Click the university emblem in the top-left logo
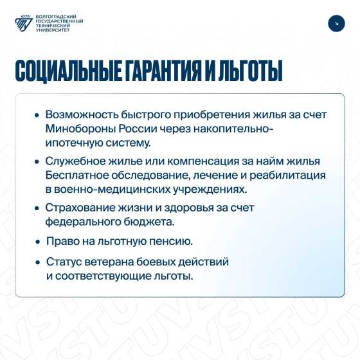point(24,23)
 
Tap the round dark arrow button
point(336,23)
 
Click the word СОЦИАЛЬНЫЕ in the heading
point(68,71)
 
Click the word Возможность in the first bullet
point(82,114)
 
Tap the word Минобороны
point(80,129)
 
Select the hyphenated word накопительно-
point(233,129)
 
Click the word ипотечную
point(74,143)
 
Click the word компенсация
point(203,161)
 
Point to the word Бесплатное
point(76,175)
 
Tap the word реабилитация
point(287,175)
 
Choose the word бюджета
point(149,222)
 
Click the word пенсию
point(171,241)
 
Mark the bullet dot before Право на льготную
point(38,242)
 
